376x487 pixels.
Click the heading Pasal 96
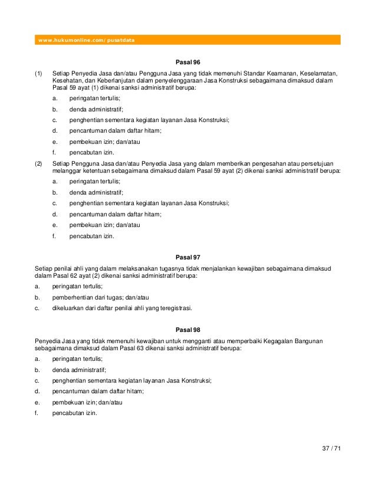coord(188,62)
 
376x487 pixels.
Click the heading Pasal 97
coord(188,257)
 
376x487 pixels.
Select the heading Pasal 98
coord(188,330)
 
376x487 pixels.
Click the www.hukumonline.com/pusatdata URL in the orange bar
coord(87,40)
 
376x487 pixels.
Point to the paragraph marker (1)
coord(39,73)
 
